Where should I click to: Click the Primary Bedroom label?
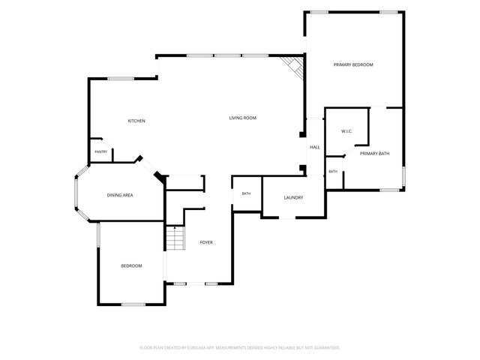point(353,65)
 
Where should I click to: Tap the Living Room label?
point(243,118)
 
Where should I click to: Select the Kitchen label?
point(136,121)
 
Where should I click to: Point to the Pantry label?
point(101,151)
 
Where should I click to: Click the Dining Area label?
point(120,195)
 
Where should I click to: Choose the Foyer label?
point(206,242)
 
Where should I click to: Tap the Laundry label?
point(293,198)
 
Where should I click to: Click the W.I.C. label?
point(346,131)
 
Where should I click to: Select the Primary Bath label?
point(375,154)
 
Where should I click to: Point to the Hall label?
point(315,147)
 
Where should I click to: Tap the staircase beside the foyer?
point(175,238)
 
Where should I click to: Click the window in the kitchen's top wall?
point(121,79)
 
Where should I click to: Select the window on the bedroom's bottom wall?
point(133,304)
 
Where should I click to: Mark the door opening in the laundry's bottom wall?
point(287,217)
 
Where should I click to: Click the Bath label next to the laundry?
point(247,193)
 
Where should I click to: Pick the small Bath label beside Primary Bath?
point(333,172)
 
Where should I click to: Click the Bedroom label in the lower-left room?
point(132,266)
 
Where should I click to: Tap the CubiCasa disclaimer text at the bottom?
point(240,348)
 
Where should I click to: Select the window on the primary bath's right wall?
point(403,176)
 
